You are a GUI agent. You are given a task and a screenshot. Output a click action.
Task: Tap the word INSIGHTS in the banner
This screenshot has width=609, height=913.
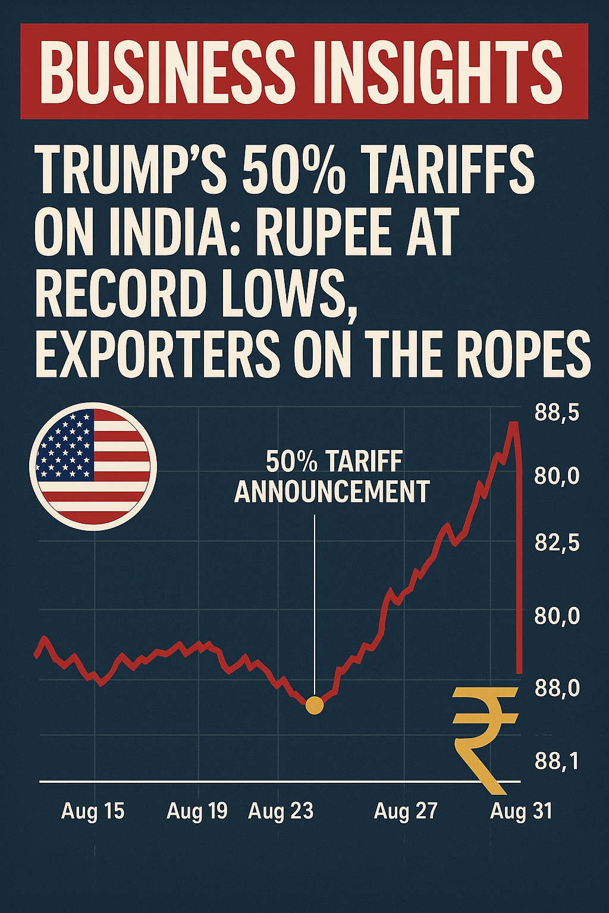[443, 71]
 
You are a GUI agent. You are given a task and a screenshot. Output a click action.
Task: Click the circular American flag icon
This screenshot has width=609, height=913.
[93, 467]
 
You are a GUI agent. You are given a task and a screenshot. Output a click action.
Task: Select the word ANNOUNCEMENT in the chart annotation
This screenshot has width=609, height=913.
[332, 492]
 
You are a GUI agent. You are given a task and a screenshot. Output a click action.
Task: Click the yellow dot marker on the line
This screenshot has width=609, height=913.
[314, 706]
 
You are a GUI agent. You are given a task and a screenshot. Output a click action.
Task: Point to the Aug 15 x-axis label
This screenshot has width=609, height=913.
[93, 811]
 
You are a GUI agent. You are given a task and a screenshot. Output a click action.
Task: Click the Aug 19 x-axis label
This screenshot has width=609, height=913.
[197, 811]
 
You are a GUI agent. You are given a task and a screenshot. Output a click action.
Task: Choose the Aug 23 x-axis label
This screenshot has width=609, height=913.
[281, 811]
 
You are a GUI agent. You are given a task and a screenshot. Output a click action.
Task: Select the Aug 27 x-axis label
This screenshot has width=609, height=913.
[406, 811]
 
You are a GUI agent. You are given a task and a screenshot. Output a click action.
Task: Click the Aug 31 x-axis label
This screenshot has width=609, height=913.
[521, 811]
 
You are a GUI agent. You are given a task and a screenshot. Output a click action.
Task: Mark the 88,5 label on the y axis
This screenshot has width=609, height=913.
[557, 413]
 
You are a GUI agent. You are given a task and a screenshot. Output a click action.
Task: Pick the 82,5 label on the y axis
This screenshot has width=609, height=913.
[557, 543]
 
